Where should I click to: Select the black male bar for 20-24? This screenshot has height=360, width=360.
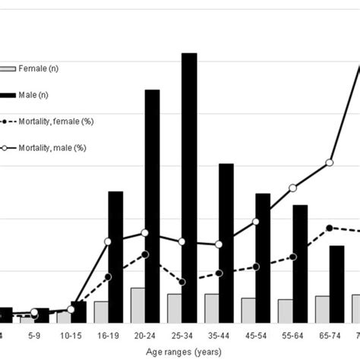152,206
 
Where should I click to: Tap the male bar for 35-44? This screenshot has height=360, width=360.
226,243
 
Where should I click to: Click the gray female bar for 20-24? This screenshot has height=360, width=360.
137,305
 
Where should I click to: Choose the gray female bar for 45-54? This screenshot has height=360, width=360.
248,310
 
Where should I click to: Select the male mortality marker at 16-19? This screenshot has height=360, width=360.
108,242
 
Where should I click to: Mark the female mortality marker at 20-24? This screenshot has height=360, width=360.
144,254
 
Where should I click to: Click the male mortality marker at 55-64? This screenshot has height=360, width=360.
292,188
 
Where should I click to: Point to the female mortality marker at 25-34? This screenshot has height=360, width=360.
182,282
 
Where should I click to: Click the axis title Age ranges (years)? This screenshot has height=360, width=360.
182,352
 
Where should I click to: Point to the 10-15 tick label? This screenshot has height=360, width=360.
71,335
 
